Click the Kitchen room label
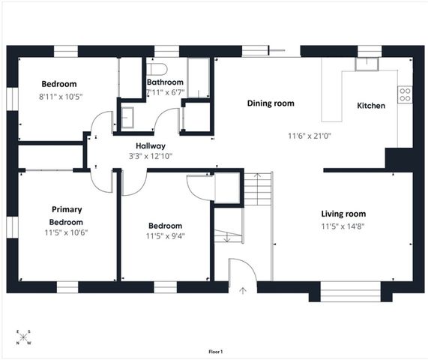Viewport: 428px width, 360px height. coord(371,106)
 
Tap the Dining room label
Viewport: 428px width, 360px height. coord(271,103)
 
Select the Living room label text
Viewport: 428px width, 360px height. coord(343,214)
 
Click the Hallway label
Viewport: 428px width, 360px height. coord(150,145)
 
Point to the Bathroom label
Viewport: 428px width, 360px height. coord(165,82)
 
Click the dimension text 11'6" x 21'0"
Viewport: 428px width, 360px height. coord(310,136)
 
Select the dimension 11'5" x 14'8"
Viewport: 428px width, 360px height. coord(343,226)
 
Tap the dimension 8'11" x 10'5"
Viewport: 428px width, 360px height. coord(58,96)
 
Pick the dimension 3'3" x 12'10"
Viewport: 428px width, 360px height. coord(150,156)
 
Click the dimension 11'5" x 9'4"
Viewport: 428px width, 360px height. coord(165,237)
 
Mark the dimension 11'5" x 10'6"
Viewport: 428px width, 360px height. coord(67,233)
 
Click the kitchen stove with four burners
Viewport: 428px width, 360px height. coord(405,94)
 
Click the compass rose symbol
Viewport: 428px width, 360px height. coord(23,337)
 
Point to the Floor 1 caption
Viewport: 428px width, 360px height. coord(215,351)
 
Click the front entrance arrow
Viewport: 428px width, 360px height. coord(242,289)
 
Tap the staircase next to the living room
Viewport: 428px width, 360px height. coord(259,189)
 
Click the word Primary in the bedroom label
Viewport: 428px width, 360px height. coord(67,209)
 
